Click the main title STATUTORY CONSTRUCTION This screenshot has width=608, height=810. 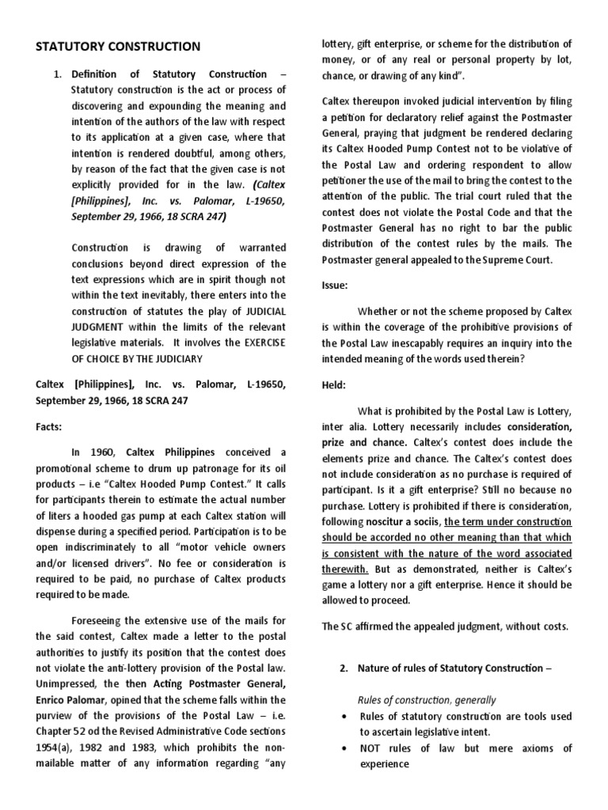coord(118,47)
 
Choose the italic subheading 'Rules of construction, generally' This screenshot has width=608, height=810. coord(427,700)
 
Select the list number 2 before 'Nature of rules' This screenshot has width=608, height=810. coord(344,668)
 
